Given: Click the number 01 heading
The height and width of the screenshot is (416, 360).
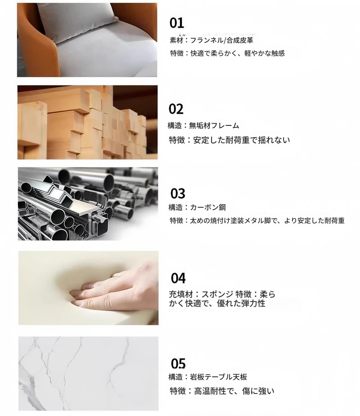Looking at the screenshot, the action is pyautogui.click(x=176, y=23).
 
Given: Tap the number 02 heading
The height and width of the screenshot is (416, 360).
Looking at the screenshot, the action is pyautogui.click(x=176, y=109).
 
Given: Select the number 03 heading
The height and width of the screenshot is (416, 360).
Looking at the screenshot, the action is pyautogui.click(x=178, y=193).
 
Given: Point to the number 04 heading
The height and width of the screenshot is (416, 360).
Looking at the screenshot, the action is pyautogui.click(x=178, y=278).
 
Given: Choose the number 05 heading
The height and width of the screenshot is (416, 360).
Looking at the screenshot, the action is pyautogui.click(x=178, y=363).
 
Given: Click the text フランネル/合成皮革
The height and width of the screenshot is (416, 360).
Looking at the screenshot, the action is pyautogui.click(x=222, y=40).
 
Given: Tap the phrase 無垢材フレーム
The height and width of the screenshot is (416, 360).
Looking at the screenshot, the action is pyautogui.click(x=214, y=125).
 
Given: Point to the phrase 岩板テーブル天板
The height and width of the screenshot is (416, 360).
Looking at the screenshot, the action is pyautogui.click(x=219, y=377).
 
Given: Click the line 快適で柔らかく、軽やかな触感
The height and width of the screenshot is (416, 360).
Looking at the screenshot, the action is pyautogui.click(x=238, y=54).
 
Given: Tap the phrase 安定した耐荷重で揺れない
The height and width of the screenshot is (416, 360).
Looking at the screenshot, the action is pyautogui.click(x=242, y=140).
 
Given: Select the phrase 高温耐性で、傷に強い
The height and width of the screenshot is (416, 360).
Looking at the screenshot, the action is pyautogui.click(x=234, y=391).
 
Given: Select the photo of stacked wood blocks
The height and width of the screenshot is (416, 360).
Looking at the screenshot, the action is pyautogui.click(x=87, y=122).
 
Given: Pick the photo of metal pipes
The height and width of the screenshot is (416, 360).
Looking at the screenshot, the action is pyautogui.click(x=88, y=204).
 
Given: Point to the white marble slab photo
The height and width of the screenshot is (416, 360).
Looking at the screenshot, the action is pyautogui.click(x=88, y=374).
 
